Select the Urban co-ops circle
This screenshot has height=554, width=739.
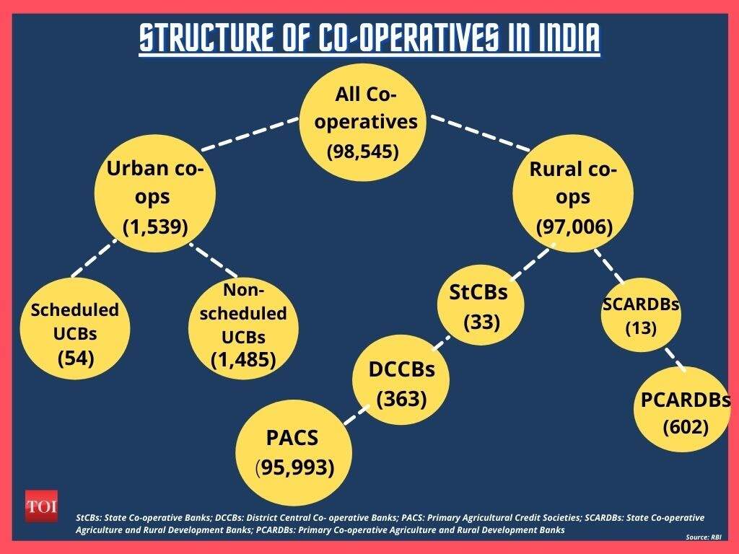point(155,193)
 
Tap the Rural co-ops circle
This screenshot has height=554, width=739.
point(573,193)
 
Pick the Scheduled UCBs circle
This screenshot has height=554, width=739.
point(75,328)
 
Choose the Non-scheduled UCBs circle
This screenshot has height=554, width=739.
point(243,328)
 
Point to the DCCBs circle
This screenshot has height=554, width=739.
point(401,379)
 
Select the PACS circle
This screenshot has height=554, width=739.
point(294,453)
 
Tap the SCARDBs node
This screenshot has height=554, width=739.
point(641,315)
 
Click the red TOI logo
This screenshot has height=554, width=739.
point(41,506)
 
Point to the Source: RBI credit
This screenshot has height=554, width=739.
point(703,537)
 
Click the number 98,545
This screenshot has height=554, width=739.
point(363,151)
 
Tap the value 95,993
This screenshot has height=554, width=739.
point(294,467)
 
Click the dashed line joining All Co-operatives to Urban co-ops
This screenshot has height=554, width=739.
point(250,134)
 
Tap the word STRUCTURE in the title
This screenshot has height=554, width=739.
point(207,38)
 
